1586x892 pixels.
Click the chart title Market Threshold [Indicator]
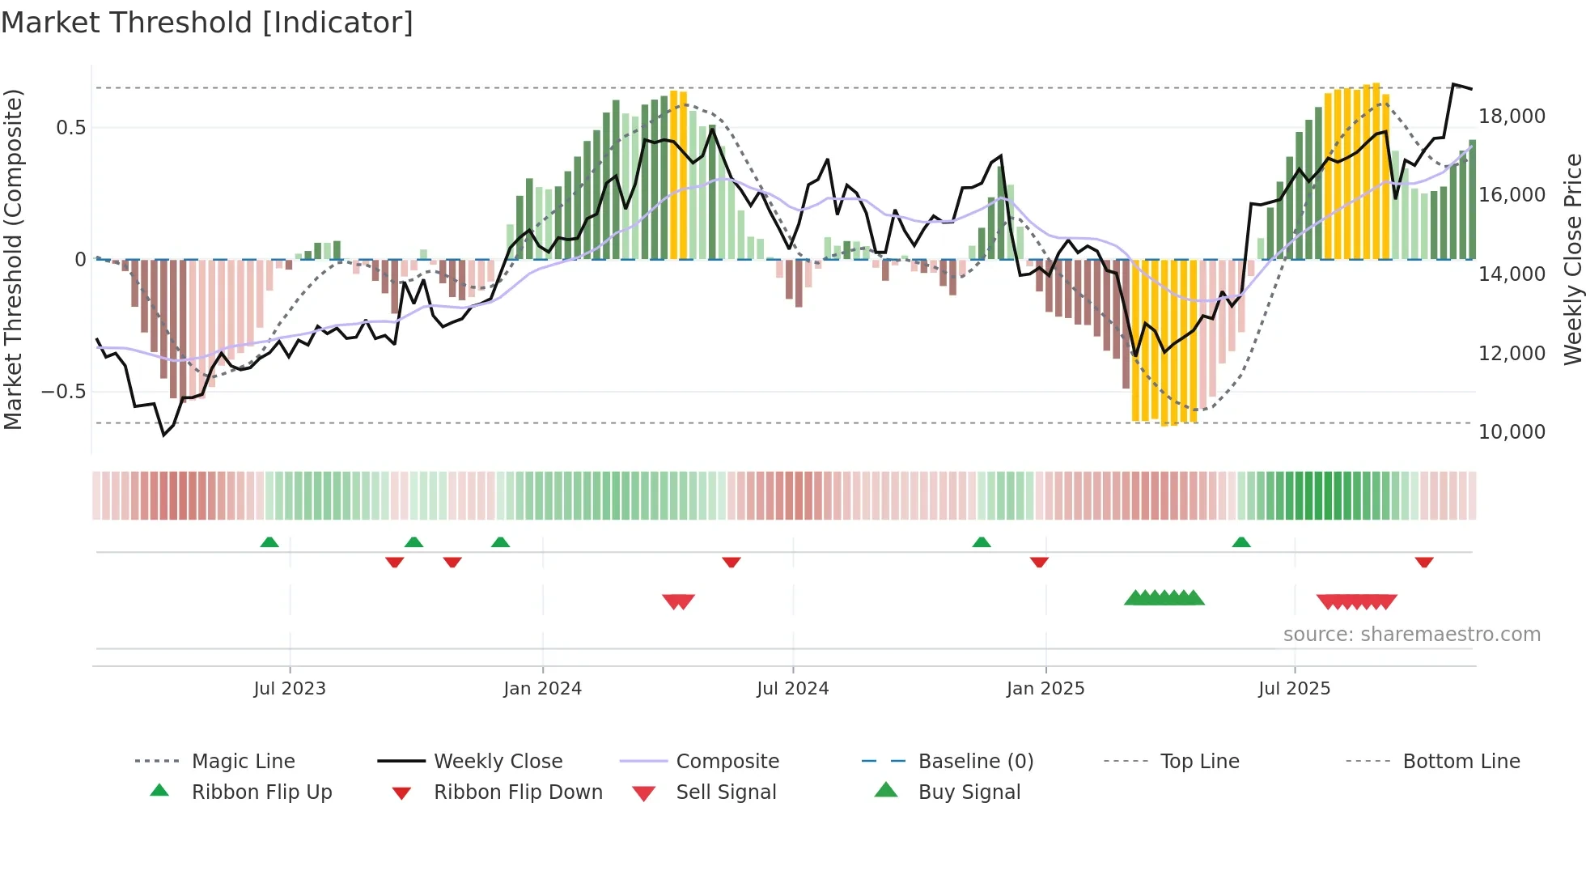click(x=207, y=23)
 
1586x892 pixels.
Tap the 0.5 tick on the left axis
click(x=70, y=128)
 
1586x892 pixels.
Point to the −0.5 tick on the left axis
click(x=63, y=392)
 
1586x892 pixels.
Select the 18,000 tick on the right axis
click(x=1512, y=117)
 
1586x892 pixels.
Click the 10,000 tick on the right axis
click(x=1512, y=432)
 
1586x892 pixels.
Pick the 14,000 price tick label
click(x=1512, y=274)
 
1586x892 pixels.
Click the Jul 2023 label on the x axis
click(x=290, y=689)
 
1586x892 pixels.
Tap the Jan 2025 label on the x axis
click(x=1045, y=689)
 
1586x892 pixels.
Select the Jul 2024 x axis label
click(x=793, y=689)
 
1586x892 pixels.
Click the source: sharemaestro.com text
click(x=1411, y=635)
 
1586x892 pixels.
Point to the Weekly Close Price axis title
click(x=1572, y=259)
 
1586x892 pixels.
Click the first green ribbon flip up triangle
click(x=269, y=542)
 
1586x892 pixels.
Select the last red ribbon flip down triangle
click(x=1424, y=562)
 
